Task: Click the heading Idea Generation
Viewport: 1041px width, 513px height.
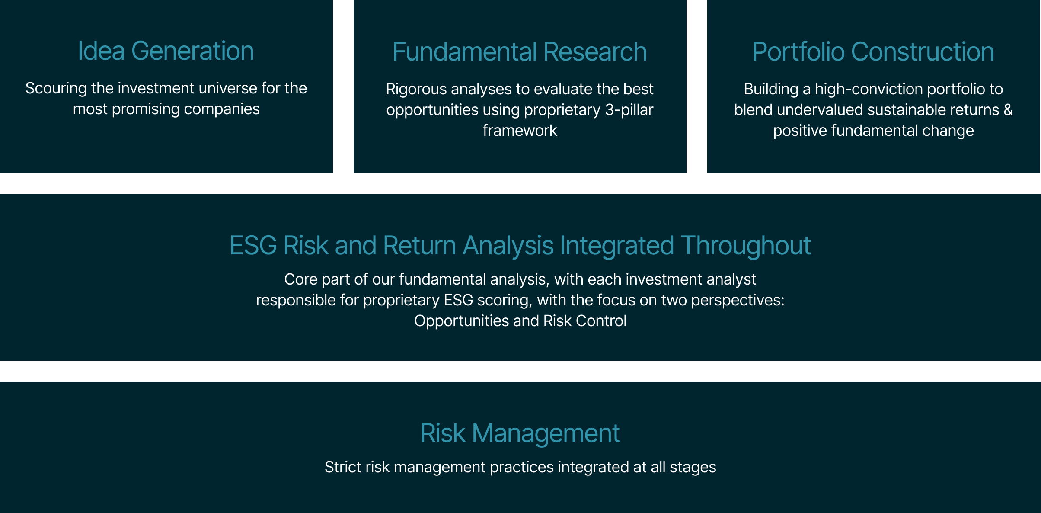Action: [166, 51]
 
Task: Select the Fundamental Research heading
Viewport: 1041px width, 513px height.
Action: [520, 52]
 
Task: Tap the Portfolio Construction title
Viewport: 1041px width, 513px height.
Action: [873, 52]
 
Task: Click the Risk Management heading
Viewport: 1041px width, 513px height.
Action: [520, 433]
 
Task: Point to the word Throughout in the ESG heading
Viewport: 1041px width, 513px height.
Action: [746, 246]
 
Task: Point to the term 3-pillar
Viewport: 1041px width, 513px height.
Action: [629, 110]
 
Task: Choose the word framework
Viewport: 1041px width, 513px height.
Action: [520, 131]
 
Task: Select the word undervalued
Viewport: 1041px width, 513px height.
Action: [817, 110]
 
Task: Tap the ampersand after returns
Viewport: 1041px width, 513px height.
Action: [1008, 110]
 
